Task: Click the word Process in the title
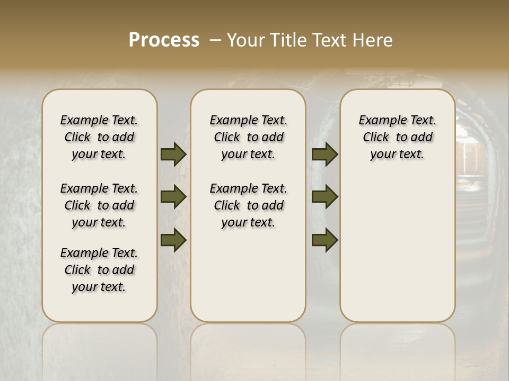(164, 40)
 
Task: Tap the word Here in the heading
(373, 40)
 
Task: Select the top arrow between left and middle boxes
(173, 154)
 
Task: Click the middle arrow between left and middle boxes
(173, 197)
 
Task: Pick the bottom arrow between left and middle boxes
(173, 240)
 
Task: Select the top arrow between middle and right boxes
(324, 154)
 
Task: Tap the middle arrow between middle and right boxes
(324, 197)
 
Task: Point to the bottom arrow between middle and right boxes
(324, 240)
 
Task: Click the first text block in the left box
(99, 137)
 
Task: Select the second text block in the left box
(99, 205)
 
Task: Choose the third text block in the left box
(99, 270)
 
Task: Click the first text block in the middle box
(248, 137)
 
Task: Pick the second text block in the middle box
(248, 205)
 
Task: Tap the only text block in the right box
(397, 137)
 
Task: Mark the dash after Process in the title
(215, 40)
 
